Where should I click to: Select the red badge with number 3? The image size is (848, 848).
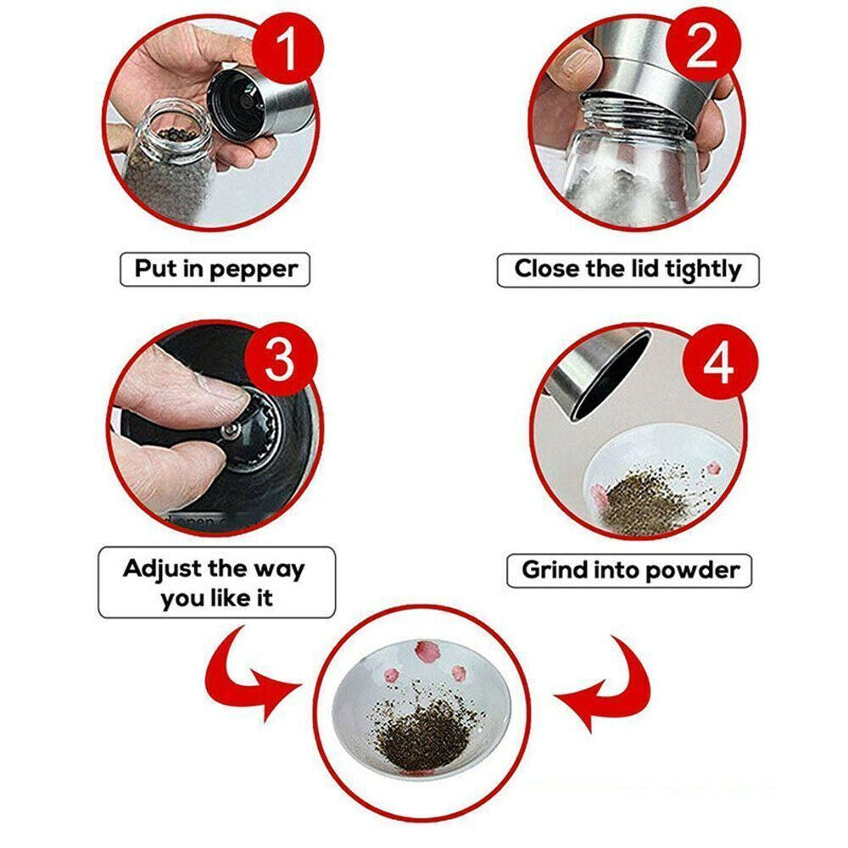[x=279, y=360]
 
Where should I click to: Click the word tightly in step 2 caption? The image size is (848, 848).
[x=702, y=270]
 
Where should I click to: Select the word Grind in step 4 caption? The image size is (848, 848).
[x=552, y=570]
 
